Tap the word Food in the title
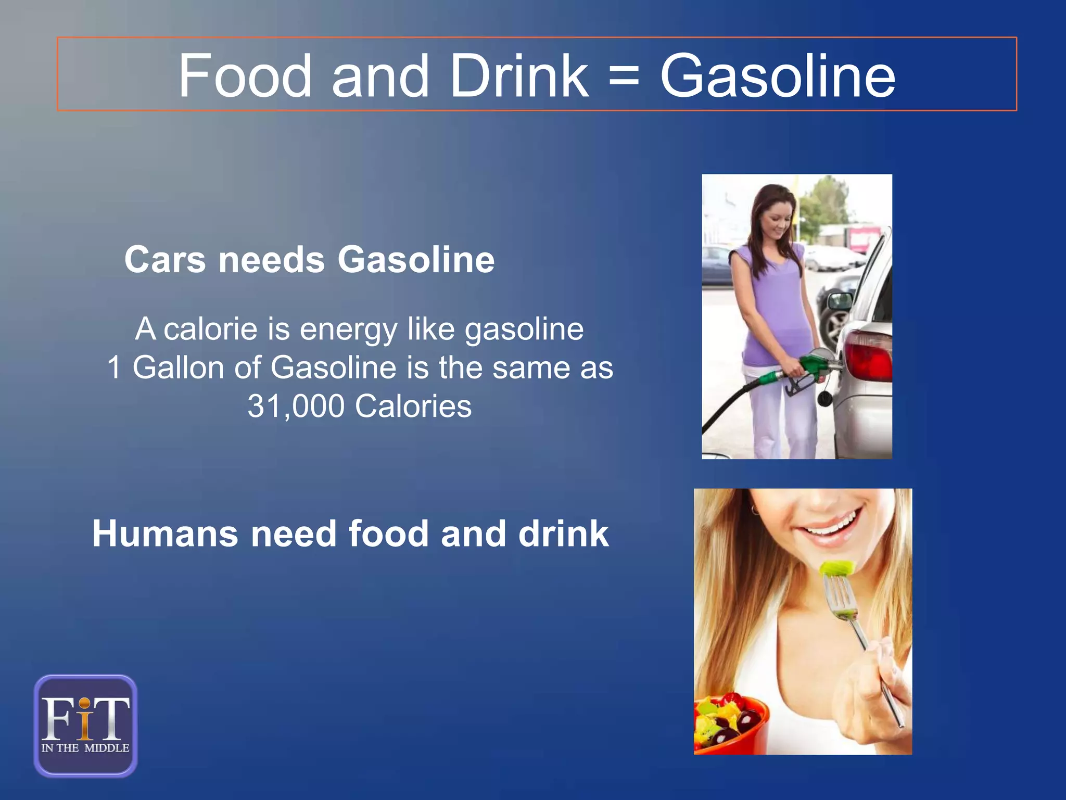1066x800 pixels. pos(245,77)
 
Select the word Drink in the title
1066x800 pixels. pos(519,77)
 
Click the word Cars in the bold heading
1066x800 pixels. pos(165,260)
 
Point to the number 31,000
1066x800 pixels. pos(296,406)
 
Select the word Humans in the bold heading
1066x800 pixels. pos(164,534)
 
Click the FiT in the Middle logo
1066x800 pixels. pos(86,725)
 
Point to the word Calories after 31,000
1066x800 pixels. pos(413,406)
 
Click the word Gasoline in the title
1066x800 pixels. pos(778,77)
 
